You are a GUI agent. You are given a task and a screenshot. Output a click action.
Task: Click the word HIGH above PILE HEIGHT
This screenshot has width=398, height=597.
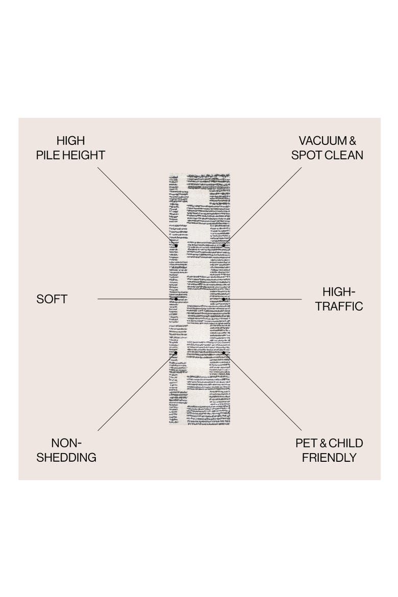click(70, 141)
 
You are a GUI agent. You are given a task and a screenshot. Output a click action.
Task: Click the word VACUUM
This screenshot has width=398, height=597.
click(322, 141)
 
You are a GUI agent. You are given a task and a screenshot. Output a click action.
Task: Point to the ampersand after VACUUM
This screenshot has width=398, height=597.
click(352, 141)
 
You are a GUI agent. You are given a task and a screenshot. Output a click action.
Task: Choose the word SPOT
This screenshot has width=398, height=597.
click(305, 155)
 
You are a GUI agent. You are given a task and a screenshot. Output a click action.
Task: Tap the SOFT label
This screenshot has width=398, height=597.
click(52, 299)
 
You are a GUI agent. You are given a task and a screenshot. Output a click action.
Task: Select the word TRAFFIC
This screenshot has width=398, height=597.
click(339, 307)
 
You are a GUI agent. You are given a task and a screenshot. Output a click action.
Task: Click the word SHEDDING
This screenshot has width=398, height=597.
click(66, 458)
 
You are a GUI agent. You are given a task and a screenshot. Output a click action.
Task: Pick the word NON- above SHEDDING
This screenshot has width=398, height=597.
click(67, 443)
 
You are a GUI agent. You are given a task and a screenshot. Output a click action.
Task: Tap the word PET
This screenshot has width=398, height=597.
click(306, 443)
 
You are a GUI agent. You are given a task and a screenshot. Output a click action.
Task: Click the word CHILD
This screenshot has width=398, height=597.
click(346, 443)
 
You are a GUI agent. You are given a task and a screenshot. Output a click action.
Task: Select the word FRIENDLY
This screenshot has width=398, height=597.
click(329, 458)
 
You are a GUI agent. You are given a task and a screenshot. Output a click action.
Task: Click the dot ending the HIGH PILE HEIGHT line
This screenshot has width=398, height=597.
click(176, 245)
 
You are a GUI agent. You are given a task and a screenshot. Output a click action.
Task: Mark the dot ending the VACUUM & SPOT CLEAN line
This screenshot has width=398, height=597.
click(223, 245)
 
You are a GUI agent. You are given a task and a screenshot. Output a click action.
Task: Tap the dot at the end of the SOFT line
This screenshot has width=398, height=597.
click(176, 299)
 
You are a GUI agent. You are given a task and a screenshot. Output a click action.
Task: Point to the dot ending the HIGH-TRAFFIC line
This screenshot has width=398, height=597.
click(223, 299)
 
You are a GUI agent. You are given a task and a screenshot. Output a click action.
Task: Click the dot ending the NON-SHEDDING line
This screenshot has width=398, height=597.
click(176, 353)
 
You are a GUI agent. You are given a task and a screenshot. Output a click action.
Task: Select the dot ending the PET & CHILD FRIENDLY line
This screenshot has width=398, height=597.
click(223, 353)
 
